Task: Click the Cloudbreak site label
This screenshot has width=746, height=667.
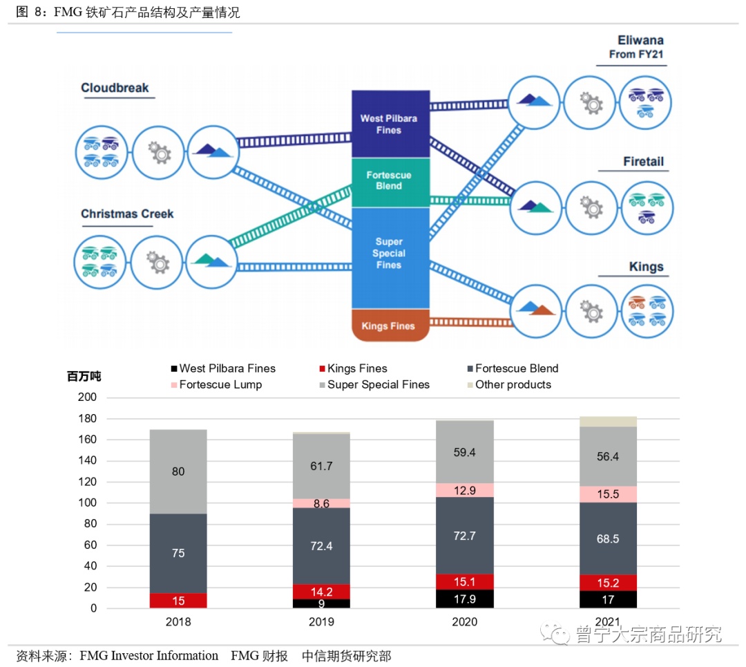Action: tap(115, 88)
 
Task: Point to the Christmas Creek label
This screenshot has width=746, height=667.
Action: tap(127, 214)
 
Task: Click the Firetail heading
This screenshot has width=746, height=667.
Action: tap(643, 162)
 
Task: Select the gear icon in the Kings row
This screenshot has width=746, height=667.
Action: tap(591, 311)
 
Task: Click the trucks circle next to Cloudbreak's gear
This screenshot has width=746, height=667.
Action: tap(102, 152)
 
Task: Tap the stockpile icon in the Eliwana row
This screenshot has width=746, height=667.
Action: tap(534, 102)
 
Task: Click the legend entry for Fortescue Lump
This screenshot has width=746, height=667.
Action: tap(216, 385)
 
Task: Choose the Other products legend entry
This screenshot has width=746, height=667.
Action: tap(509, 385)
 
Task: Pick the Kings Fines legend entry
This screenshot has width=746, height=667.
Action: tap(354, 368)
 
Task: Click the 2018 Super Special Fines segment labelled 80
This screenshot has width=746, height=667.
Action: tap(178, 471)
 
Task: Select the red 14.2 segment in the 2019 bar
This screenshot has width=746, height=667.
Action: tap(322, 592)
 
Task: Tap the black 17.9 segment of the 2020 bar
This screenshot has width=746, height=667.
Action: tap(465, 599)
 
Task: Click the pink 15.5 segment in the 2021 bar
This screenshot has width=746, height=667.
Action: tap(608, 494)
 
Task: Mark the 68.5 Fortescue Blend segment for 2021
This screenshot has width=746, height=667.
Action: tap(608, 538)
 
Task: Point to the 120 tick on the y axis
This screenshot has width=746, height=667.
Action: tap(87, 481)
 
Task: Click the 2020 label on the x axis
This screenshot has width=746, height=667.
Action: tap(465, 622)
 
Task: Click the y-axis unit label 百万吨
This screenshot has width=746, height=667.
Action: tap(84, 376)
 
